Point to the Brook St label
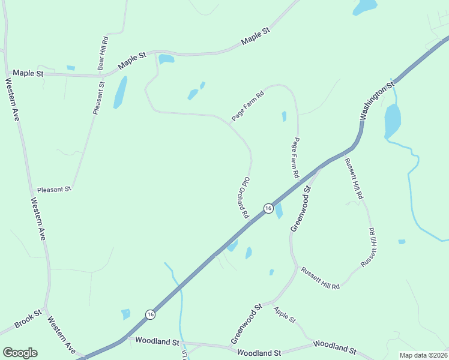point(28,319)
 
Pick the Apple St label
point(285,314)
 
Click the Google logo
point(20,353)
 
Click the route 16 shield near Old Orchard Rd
point(268,208)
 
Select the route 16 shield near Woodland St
point(150,314)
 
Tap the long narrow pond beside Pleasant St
point(121,91)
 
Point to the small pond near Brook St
point(125,314)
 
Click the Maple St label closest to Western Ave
point(28,73)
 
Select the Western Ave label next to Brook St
point(61,334)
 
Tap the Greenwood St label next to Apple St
point(246,324)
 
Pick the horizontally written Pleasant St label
point(54,189)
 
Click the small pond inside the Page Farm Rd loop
point(284,116)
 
